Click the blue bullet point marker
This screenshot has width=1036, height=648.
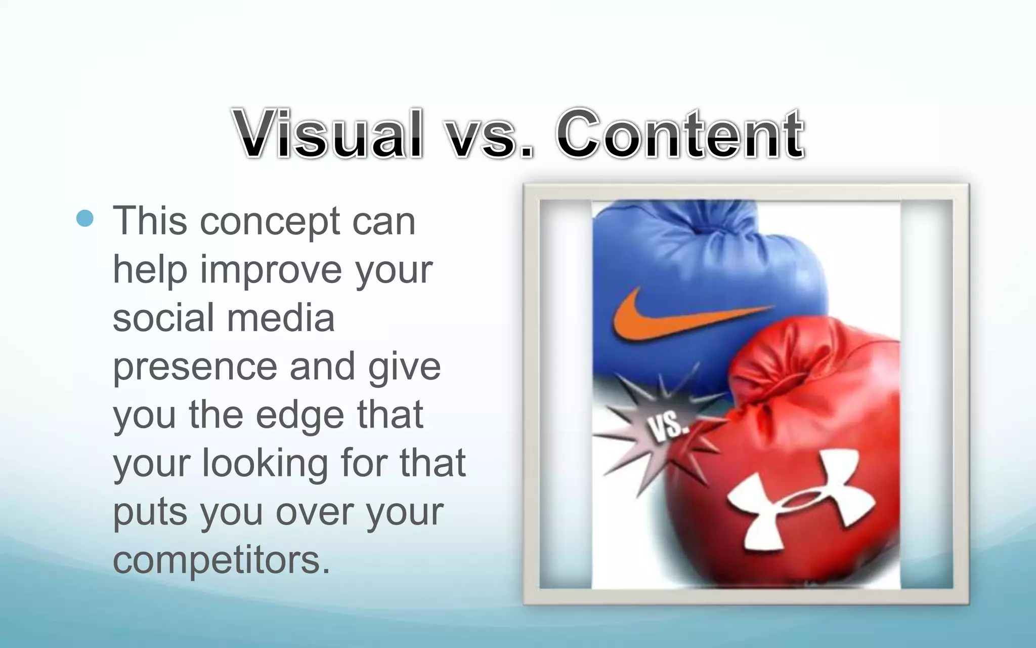coord(85,218)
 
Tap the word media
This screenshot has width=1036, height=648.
coord(280,318)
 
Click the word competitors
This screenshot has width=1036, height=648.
coord(222,560)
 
